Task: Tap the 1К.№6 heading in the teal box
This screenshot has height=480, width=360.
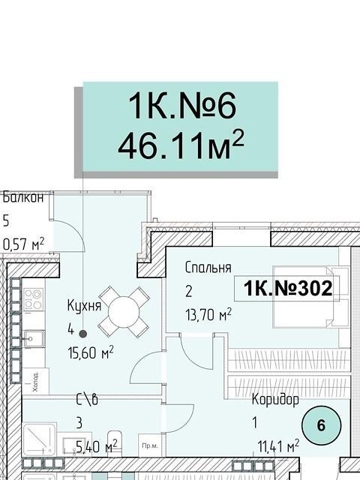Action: point(183,106)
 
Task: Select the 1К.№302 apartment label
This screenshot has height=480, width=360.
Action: point(288,288)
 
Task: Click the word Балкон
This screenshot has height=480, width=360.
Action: point(23,197)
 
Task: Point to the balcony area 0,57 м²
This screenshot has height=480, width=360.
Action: point(23,244)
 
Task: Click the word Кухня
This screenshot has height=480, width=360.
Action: point(84,305)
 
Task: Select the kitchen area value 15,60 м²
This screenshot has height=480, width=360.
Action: point(91,352)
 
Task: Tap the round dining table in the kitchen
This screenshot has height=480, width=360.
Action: point(124,312)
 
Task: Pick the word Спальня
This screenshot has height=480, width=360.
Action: point(208,268)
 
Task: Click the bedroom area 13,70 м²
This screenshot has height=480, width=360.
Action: point(208,314)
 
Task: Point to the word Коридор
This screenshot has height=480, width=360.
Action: point(275,400)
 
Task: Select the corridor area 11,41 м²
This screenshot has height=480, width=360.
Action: point(278,447)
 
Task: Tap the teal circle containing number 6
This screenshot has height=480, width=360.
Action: point(321,425)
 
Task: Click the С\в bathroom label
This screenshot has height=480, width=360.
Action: point(87,400)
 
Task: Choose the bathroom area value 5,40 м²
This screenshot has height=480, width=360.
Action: point(97,446)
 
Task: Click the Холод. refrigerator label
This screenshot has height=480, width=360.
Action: point(35,382)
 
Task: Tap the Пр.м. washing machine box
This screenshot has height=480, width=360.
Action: point(150,445)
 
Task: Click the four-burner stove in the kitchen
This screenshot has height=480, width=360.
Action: point(34,299)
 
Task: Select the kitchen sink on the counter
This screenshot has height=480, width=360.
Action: point(34,339)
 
